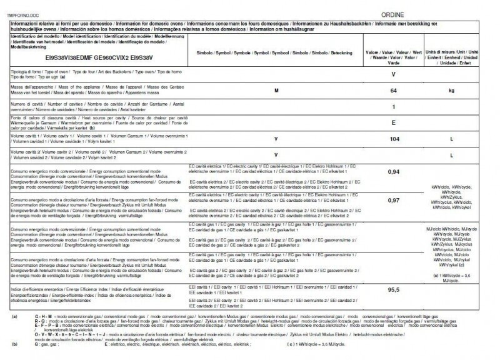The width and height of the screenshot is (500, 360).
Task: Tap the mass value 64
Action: (x=394, y=91)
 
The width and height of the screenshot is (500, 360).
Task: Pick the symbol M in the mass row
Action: (x=276, y=91)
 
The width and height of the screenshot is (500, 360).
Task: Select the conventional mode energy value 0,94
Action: (x=394, y=171)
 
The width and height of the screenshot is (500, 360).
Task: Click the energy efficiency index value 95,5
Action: (x=394, y=290)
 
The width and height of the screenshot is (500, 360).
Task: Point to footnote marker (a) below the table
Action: (x=14, y=317)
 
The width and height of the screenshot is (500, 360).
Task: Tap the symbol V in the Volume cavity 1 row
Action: (x=276, y=139)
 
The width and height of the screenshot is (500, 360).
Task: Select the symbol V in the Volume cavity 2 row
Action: (x=276, y=154)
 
